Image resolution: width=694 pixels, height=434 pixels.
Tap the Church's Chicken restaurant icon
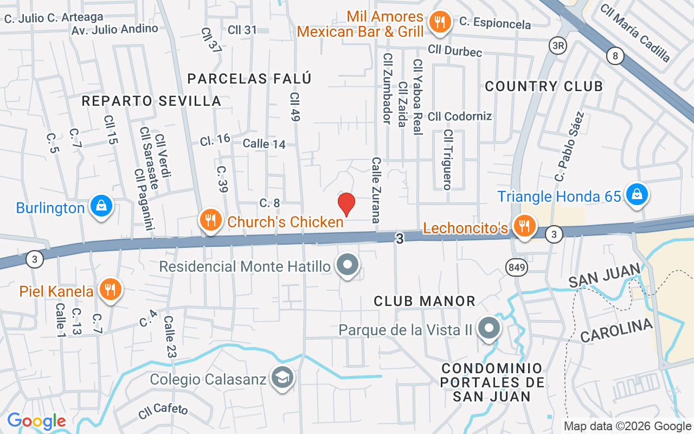click(209, 220)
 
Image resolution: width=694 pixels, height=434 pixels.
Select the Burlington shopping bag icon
click(101, 206)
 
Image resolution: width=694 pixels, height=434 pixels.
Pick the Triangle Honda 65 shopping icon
click(637, 194)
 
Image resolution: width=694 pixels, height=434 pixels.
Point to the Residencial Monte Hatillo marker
click(348, 265)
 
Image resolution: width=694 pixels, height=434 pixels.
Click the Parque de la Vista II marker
click(490, 328)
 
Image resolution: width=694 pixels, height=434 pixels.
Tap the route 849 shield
click(515, 266)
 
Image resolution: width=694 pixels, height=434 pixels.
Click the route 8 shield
click(614, 56)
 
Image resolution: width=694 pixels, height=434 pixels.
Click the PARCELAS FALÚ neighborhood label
click(249, 79)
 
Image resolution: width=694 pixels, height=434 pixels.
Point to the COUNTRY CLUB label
click(544, 86)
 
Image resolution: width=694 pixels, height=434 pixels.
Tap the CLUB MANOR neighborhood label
click(425, 301)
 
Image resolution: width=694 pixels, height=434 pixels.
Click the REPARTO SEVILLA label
click(151, 101)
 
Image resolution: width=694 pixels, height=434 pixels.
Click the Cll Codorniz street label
click(460, 116)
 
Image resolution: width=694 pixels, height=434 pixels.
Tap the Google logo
click(36, 421)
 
